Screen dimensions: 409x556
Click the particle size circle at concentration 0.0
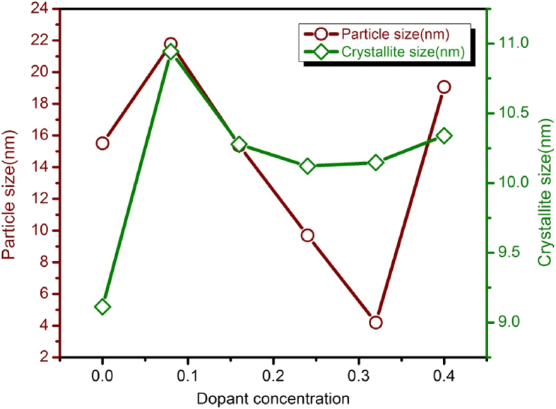point(102,143)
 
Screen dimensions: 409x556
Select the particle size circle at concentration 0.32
point(376,323)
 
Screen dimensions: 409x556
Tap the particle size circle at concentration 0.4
point(444,87)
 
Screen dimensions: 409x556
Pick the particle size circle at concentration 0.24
point(307,236)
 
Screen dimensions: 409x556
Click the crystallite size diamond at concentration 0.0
point(102,307)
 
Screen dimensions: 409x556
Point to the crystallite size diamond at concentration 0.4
point(444,136)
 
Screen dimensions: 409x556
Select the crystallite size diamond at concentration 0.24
point(307,166)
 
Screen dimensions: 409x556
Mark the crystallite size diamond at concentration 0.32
point(376,163)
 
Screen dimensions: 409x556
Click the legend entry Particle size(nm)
point(394,33)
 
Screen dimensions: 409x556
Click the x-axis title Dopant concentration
point(273,398)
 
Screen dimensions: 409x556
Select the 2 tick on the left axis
point(43,357)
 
